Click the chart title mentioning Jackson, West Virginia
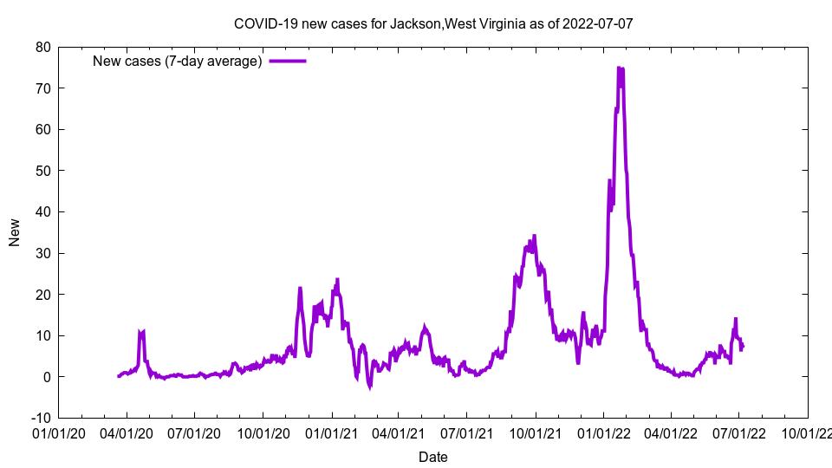[x=433, y=23]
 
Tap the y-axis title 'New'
[x=15, y=232]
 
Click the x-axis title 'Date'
[x=433, y=457]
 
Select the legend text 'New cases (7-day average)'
[x=178, y=61]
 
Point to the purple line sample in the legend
[x=288, y=61]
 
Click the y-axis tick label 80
[x=42, y=47]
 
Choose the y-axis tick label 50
[x=42, y=171]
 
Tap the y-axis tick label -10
[x=40, y=418]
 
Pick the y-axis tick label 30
[x=42, y=253]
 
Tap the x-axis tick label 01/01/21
[x=331, y=431]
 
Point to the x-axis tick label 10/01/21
[x=535, y=431]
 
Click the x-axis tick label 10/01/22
[x=807, y=431]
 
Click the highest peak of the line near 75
[x=619, y=68]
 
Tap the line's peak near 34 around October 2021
[x=534, y=236]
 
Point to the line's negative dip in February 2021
[x=370, y=387]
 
